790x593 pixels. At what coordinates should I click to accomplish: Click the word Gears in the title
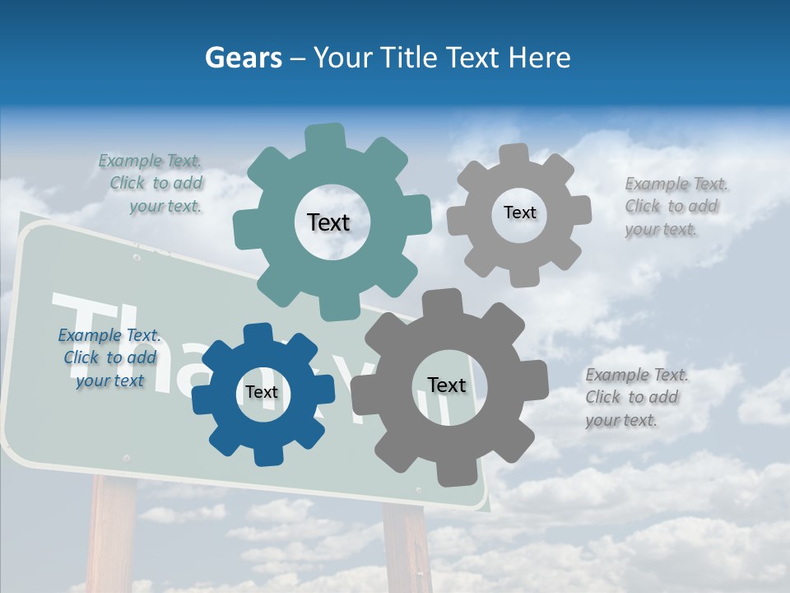point(243,58)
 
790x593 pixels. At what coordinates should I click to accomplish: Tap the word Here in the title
point(539,58)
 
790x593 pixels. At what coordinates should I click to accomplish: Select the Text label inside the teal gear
point(328,222)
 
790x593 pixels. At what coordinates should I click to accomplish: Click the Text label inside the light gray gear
point(519,212)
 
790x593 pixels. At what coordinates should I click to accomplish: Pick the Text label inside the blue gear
point(262,393)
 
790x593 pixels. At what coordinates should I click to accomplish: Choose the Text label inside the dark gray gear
point(446,385)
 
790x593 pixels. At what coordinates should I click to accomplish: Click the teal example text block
point(152,184)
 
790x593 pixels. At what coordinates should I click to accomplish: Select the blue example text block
point(109,358)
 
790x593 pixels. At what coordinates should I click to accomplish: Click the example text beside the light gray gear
point(675,207)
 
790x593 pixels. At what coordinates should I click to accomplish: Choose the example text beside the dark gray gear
point(635,398)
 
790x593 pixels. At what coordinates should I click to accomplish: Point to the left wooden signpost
point(111,535)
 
